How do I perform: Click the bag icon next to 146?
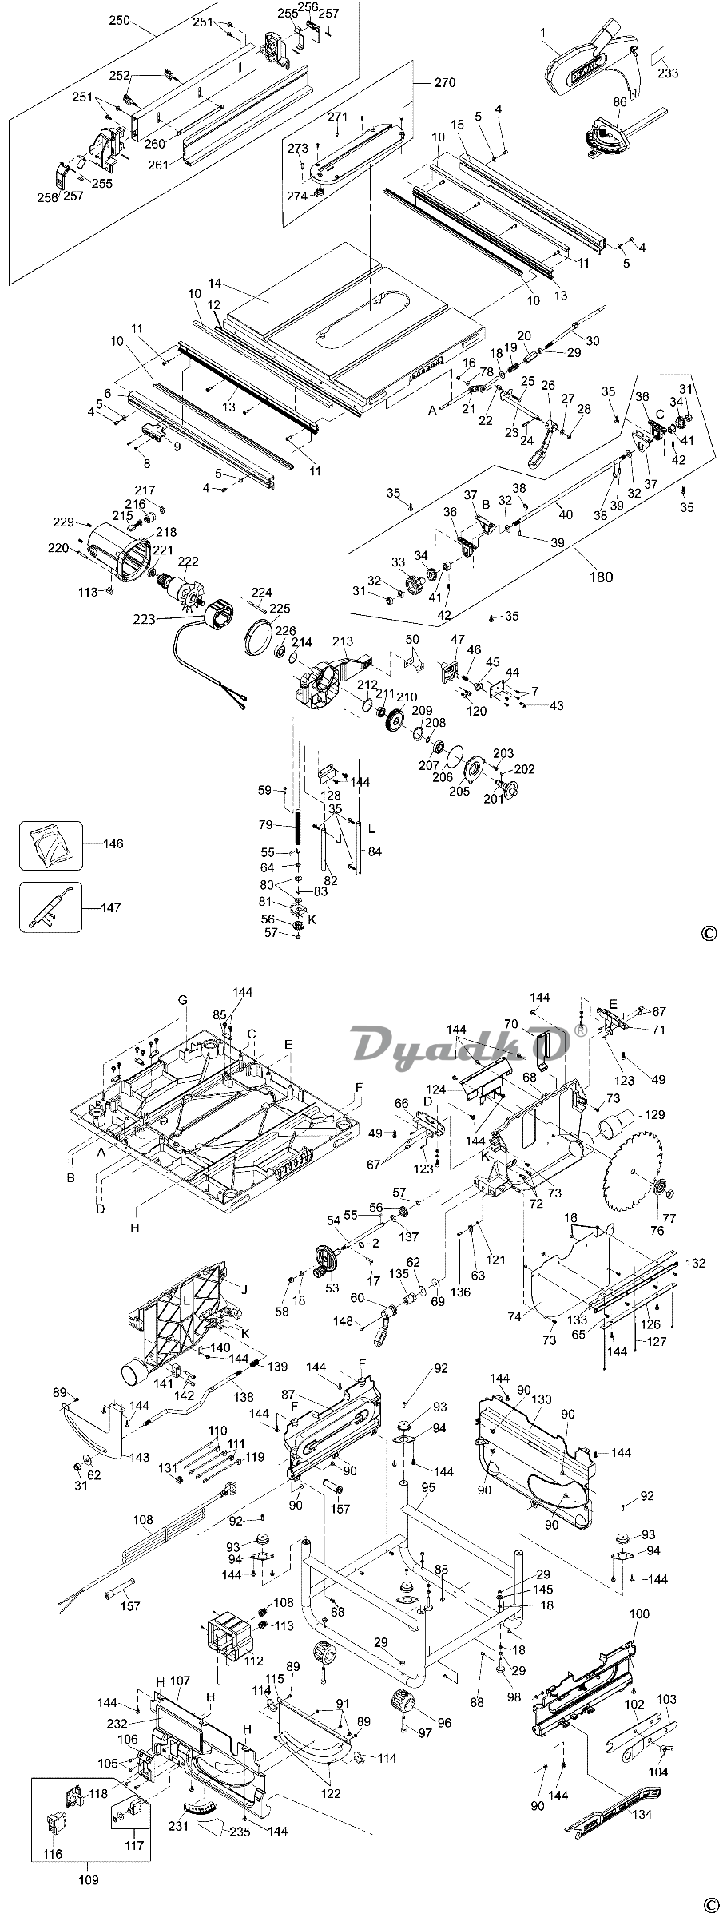50,845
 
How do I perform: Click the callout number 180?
601,577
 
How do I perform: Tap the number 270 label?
445,82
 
